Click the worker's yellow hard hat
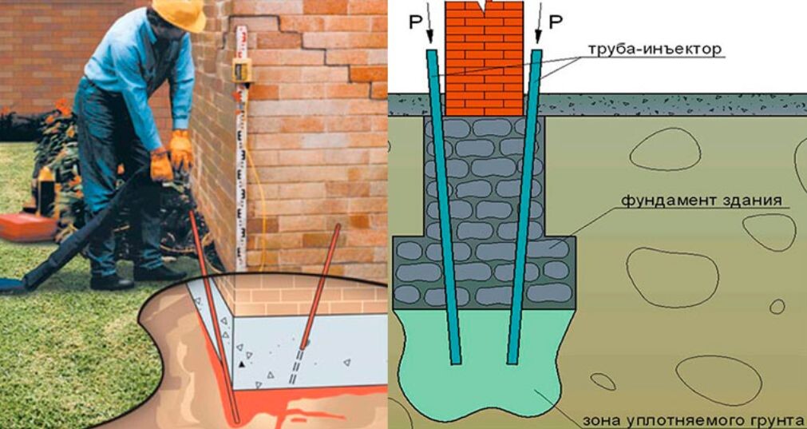coord(180,11)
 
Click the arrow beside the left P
coord(429,28)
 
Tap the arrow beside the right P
coord(538,28)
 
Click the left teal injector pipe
coord(444,208)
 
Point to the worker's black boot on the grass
coord(112,281)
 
